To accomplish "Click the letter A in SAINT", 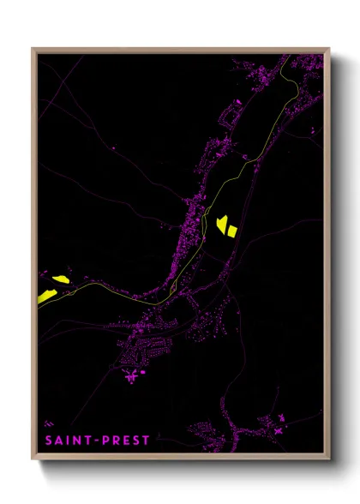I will [60, 441].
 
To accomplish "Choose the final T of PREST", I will [146, 441].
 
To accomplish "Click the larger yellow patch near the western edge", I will [46, 296].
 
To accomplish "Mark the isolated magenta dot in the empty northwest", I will [115, 150].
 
